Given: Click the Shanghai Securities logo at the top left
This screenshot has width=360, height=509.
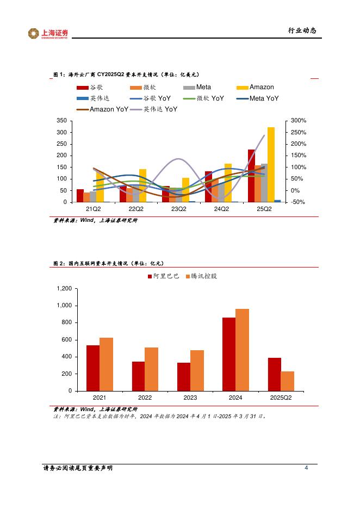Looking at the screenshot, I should tap(48, 34).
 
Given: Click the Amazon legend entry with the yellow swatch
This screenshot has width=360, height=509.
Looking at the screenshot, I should tap(255, 88).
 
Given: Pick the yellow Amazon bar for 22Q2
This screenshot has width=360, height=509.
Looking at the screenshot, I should tap(142, 185).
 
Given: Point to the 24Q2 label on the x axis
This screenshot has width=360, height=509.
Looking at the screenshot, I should tap(221, 209).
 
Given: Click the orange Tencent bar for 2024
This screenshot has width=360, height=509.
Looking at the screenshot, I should tap(242, 350).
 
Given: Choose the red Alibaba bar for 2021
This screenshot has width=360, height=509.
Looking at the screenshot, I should tap(93, 368).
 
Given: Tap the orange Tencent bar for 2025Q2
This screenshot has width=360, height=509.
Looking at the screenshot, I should tap(287, 381).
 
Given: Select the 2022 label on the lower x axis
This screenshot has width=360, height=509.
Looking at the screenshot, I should tap(145, 398).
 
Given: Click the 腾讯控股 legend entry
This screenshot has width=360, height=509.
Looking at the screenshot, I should tap(200, 276).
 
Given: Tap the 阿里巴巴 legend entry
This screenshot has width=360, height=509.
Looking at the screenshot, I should tap(163, 276).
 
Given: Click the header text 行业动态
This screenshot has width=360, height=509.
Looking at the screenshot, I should tap(301, 30).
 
